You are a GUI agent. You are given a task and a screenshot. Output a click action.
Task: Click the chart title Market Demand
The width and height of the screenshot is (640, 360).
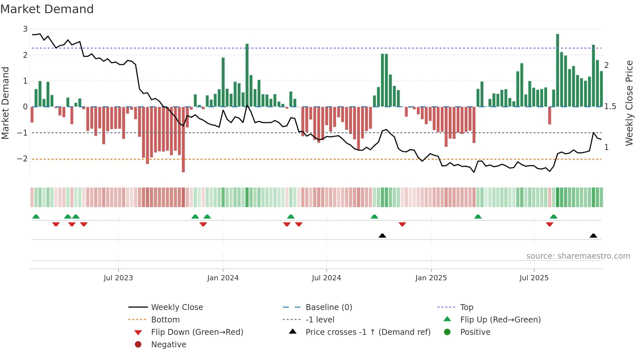coord(47,9)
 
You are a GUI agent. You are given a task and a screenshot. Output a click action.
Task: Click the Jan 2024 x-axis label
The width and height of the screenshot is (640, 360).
coord(223,278)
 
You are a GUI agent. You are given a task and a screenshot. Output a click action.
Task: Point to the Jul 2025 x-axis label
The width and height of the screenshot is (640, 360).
coord(534,278)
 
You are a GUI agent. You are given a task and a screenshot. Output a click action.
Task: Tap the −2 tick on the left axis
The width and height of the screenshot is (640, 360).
coord(22,159)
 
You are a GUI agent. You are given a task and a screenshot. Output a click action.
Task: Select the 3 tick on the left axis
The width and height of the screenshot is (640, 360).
coord(25,29)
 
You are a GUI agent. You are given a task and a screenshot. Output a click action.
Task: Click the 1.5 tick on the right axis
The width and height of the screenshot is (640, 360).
coord(610,106)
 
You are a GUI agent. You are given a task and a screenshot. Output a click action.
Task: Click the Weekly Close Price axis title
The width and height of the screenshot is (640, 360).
coord(629,103)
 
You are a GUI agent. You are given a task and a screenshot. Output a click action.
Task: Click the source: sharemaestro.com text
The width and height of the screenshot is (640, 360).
coord(578,256)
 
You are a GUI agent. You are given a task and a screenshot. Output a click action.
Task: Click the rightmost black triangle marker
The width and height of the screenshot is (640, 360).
coord(593,236)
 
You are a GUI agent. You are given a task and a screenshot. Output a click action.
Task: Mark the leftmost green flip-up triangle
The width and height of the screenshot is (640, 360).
coord(36,217)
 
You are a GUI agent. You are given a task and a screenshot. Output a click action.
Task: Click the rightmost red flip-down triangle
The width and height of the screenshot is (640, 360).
coord(550,224)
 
